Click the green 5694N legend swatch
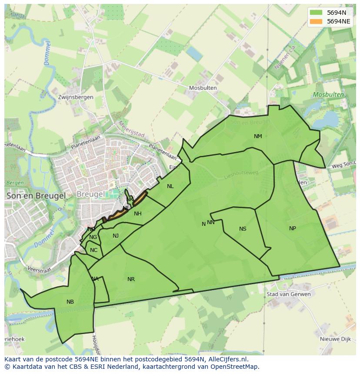(x=316, y=13)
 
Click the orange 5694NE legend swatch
(x=316, y=21)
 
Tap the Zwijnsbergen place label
(x=75, y=97)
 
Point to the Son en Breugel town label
(x=36, y=196)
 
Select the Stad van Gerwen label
(x=289, y=294)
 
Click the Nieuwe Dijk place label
(x=335, y=339)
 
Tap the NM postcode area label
(x=258, y=136)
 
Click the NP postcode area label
(x=293, y=228)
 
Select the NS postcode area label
(x=243, y=229)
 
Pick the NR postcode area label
(x=131, y=279)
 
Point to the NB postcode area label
(x=70, y=302)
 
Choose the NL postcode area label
(x=170, y=186)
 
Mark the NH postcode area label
(x=138, y=214)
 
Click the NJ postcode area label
(x=116, y=236)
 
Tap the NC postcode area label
(x=93, y=250)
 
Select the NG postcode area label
(x=93, y=237)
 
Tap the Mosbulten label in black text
(x=203, y=88)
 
